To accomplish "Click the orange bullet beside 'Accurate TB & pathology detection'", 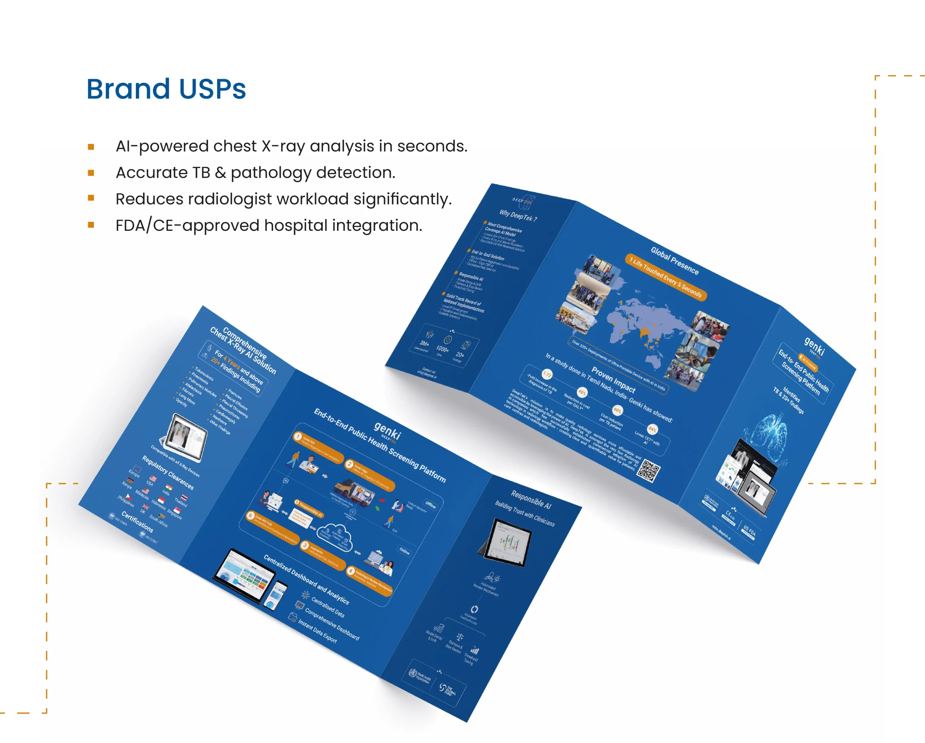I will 91,173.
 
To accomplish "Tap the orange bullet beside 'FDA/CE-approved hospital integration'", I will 91,225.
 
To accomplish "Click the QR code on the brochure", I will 648,471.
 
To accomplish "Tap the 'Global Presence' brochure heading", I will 675,260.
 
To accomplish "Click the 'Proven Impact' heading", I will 613,379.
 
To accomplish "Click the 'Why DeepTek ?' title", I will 518,215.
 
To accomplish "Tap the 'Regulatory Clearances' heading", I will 168,472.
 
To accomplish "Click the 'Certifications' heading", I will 137,521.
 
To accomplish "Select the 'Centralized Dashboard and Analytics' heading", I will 306,579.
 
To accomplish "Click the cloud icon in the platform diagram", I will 335,536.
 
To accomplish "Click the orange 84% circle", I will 652,429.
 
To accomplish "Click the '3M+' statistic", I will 424,344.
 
